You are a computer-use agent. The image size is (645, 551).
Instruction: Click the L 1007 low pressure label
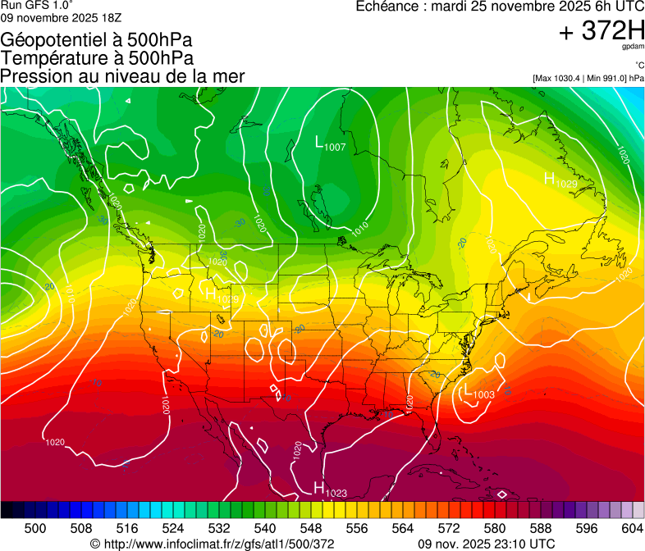click(x=330, y=143)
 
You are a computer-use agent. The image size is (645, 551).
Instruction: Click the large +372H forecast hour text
click(x=602, y=32)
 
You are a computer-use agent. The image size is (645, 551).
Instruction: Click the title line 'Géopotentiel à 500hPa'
click(x=97, y=39)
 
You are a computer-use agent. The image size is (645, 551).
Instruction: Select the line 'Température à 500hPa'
click(x=97, y=57)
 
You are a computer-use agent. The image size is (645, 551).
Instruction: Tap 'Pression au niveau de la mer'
click(x=122, y=76)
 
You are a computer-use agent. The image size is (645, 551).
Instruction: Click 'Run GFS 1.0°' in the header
click(x=38, y=5)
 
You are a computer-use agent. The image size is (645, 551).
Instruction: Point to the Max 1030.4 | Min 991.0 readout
click(x=588, y=78)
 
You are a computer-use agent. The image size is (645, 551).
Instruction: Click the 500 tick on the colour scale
click(x=34, y=527)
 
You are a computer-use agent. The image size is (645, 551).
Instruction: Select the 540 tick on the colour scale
click(x=264, y=527)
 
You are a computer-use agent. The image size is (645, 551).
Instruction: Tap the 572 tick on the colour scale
click(x=448, y=527)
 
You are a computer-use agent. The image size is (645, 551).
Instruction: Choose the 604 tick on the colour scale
click(x=632, y=527)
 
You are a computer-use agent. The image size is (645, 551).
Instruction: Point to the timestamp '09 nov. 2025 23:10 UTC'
click(x=486, y=544)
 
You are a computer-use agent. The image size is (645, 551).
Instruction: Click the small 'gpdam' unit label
click(x=634, y=48)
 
